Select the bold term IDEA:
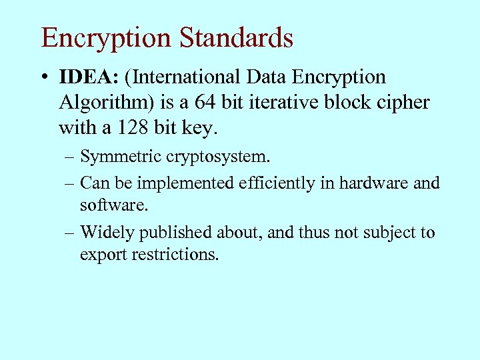click(x=89, y=77)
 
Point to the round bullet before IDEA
click(x=44, y=77)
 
